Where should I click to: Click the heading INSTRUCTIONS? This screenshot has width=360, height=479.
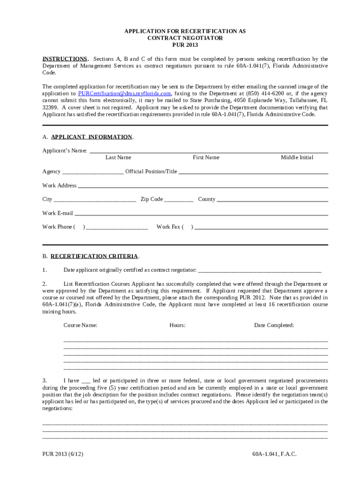(65, 59)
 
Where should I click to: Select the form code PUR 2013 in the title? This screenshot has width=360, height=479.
(185, 45)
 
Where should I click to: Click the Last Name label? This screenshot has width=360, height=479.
(118, 158)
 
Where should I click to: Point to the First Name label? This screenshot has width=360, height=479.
(206, 158)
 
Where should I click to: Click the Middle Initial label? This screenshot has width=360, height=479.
(297, 158)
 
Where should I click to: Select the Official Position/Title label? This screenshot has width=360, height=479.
(151, 172)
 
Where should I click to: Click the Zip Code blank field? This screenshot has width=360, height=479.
(179, 200)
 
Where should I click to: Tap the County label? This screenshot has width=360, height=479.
(207, 199)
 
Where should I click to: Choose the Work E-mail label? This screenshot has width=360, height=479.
(58, 213)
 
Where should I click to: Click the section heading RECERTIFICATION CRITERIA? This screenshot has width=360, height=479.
(94, 256)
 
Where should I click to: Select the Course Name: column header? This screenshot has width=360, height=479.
(80, 325)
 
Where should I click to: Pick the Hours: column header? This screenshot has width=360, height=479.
(178, 325)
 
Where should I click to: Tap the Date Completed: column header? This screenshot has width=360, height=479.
(274, 325)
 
